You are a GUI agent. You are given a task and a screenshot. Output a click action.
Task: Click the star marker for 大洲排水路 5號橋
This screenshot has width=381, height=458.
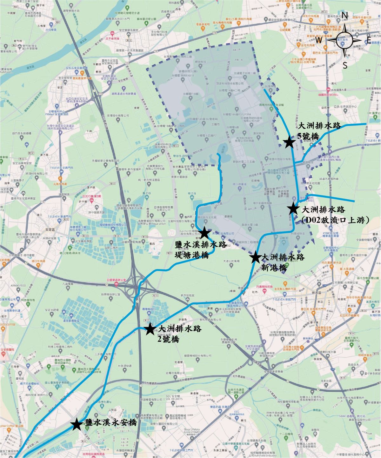289,143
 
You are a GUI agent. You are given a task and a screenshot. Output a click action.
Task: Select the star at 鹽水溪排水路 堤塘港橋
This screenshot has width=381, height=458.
205,233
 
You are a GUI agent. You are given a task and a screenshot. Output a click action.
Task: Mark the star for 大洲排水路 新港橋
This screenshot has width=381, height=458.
255,257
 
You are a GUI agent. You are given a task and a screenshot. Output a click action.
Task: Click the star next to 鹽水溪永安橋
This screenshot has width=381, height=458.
77,425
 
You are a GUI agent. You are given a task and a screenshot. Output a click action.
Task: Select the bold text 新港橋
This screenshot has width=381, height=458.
274,268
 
